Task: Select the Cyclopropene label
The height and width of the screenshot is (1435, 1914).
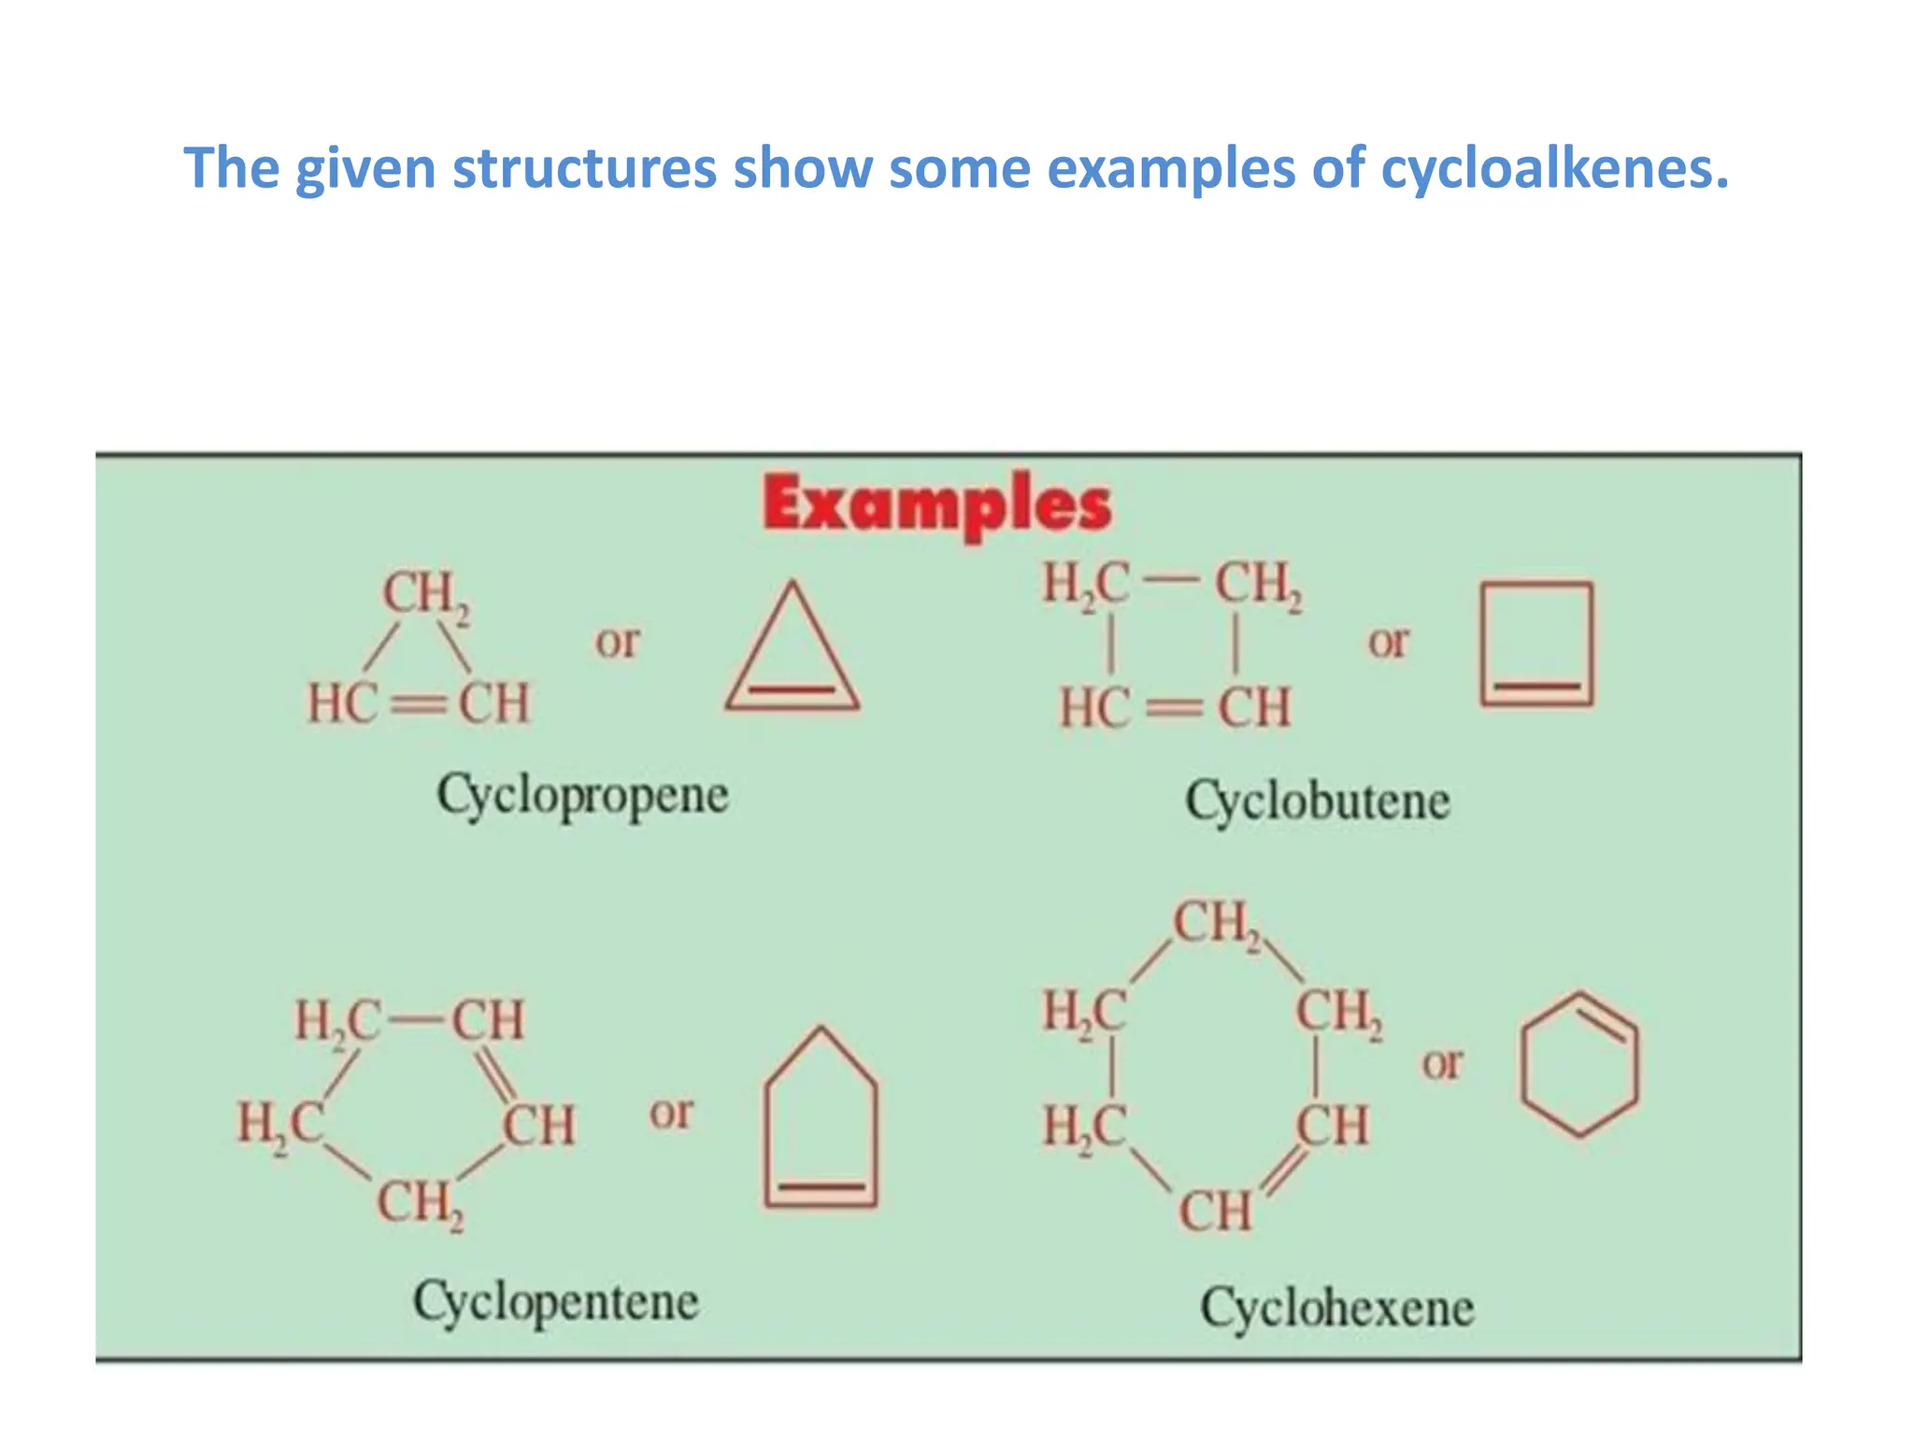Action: pos(582,796)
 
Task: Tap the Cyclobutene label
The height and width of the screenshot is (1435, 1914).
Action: pos(1318,802)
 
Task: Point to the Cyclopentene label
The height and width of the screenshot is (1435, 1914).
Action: pos(556,1301)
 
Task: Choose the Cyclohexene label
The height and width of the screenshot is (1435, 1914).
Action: pos(1337,1307)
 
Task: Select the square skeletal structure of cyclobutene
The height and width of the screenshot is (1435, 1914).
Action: pos(1535,644)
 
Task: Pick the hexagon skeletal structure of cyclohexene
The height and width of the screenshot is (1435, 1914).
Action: pos(1579,1064)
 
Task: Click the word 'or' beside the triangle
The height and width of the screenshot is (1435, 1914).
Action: pos(618,642)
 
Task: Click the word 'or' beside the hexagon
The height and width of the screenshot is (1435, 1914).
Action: pos(1441,1063)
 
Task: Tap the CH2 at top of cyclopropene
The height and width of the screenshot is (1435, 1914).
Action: pos(425,594)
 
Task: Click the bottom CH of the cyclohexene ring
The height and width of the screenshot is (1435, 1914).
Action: pos(1214,1211)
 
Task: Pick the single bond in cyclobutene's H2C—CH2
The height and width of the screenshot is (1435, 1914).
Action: pos(1172,583)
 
